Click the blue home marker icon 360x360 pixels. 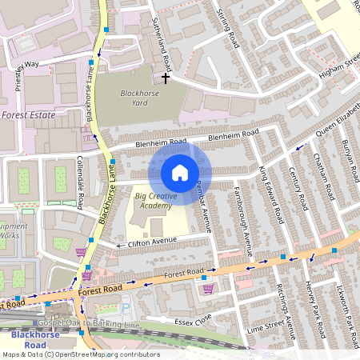180,173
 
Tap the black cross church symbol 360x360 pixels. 166,78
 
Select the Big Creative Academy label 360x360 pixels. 153,201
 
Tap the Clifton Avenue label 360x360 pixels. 152,241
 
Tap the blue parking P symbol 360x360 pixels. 124,308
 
